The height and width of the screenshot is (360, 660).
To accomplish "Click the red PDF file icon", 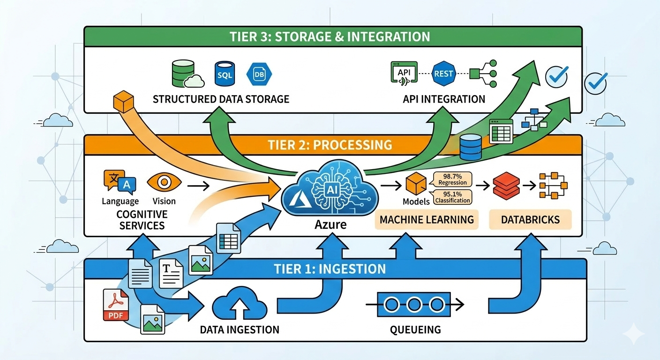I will click(115, 305).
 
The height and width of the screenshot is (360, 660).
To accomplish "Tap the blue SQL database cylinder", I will click(224, 74).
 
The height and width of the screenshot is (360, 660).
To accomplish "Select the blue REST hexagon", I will click(443, 74).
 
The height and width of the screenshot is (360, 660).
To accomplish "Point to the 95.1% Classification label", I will click(452, 197).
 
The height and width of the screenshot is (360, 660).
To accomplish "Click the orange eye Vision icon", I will click(163, 183).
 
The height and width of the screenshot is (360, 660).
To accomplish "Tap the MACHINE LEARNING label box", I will click(427, 219).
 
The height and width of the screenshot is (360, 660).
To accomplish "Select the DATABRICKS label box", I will click(531, 219).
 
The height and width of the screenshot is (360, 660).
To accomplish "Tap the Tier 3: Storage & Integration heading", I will click(330, 37).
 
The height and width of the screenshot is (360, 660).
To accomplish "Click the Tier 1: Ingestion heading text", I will click(330, 269).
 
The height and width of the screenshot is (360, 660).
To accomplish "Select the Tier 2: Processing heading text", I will click(330, 144).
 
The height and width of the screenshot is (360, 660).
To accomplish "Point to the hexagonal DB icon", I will click(259, 74).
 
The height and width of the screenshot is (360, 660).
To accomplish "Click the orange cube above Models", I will click(415, 184).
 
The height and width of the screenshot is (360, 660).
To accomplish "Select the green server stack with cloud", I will click(184, 75).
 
